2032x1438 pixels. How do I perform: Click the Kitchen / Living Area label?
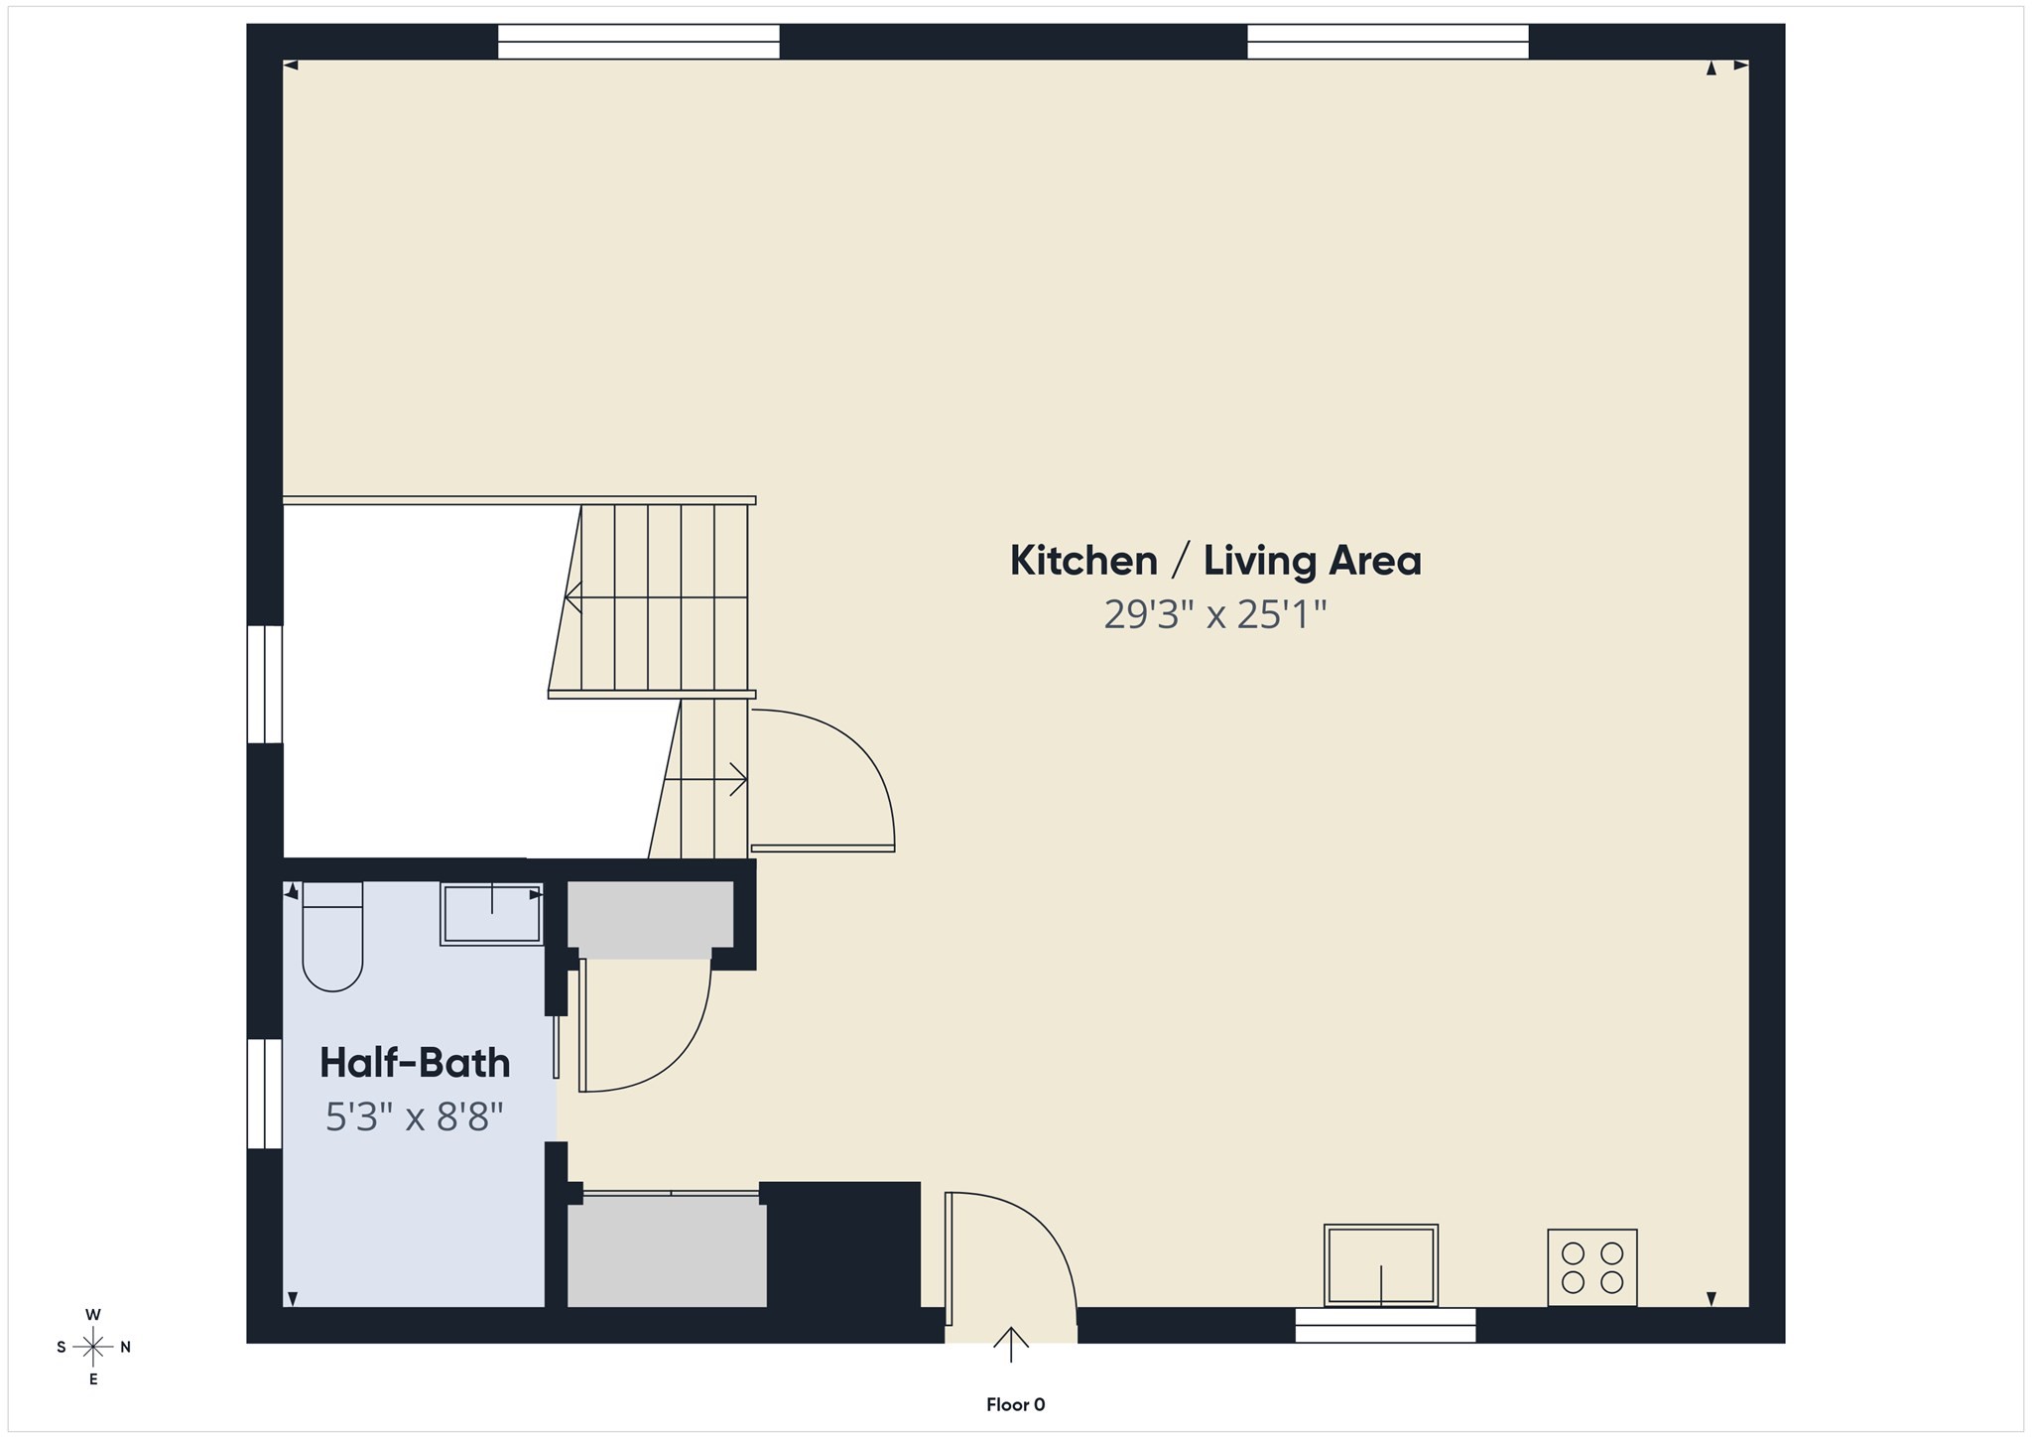pyautogui.click(x=1215, y=561)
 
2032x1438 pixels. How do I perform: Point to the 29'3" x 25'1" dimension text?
pyautogui.click(x=1215, y=615)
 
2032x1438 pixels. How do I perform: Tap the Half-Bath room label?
pyautogui.click(x=415, y=1063)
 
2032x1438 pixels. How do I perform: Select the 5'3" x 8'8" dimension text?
pyautogui.click(x=415, y=1118)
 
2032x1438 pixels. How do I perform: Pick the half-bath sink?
pyautogui.click(x=491, y=913)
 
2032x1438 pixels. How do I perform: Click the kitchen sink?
pyautogui.click(x=1380, y=1265)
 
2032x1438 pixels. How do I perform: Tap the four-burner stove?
pyautogui.click(x=1591, y=1267)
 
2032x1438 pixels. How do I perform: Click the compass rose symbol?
pyautogui.click(x=93, y=1347)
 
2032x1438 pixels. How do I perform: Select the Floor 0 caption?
pyautogui.click(x=1015, y=1404)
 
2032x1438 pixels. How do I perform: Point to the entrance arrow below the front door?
pyautogui.click(x=1011, y=1345)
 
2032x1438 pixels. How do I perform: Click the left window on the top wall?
pyautogui.click(x=638, y=42)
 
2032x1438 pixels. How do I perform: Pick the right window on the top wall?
pyautogui.click(x=1387, y=42)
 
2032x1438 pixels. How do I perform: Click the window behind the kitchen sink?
pyautogui.click(x=1385, y=1325)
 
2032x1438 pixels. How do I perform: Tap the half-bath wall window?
pyautogui.click(x=265, y=1094)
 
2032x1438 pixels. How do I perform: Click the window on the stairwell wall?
pyautogui.click(x=265, y=684)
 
